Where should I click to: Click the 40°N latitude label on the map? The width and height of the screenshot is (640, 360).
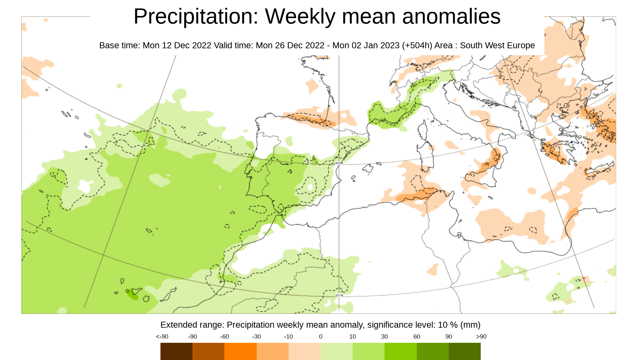point(339,163)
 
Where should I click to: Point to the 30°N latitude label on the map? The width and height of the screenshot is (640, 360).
point(339,295)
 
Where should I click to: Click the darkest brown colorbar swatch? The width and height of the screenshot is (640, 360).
point(176,351)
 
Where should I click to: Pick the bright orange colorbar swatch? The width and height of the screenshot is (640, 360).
point(240,351)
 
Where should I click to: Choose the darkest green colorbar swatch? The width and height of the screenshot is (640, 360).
point(464,351)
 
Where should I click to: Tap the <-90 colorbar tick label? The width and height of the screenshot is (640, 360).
point(162,337)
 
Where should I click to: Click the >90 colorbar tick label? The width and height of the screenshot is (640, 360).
point(481,337)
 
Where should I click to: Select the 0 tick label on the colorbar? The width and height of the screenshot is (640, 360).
point(321,337)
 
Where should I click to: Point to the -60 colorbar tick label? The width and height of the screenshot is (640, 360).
point(224,337)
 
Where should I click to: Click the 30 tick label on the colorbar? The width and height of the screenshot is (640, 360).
point(384,337)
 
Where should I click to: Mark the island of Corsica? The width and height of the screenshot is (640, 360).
point(423,132)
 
